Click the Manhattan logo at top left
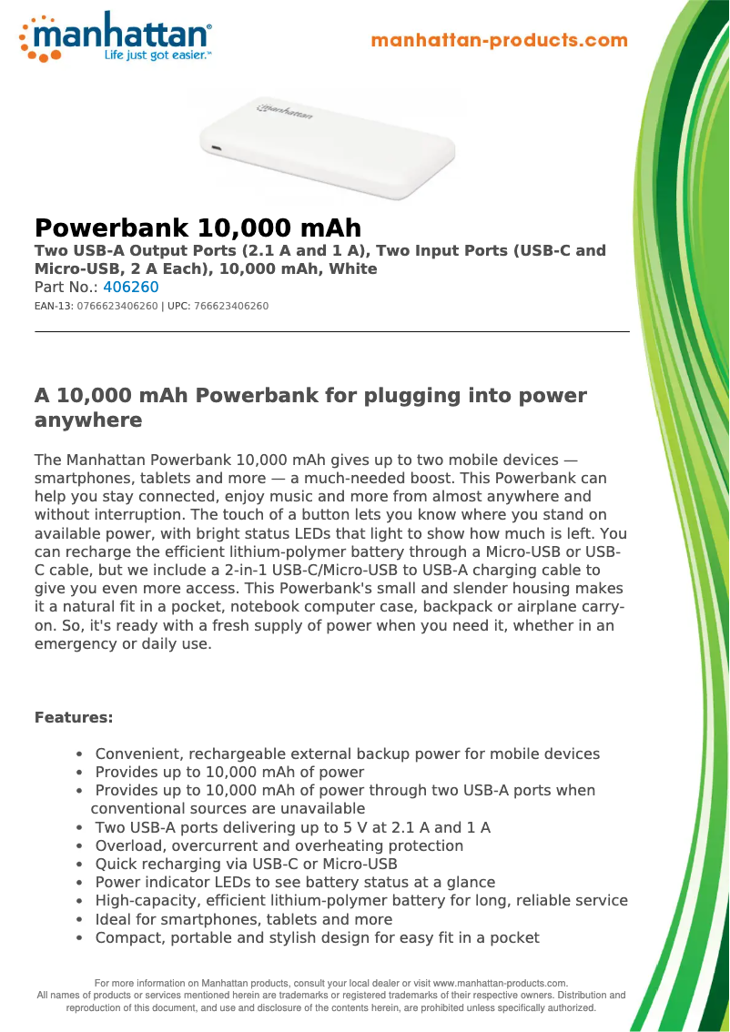(x=117, y=36)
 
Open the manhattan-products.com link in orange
(x=500, y=40)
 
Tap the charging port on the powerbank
(x=216, y=148)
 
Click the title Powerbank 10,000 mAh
(x=198, y=228)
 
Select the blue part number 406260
(x=131, y=288)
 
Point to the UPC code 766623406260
(x=231, y=307)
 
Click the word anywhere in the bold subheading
(x=88, y=420)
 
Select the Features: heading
(x=74, y=718)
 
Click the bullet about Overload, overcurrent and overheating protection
(x=279, y=846)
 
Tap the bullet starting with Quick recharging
(x=246, y=865)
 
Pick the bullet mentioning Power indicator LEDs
(x=295, y=883)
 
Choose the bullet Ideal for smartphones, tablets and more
(x=244, y=919)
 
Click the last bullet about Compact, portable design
(x=317, y=937)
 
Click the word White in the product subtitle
(x=353, y=268)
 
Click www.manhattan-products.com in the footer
(x=499, y=983)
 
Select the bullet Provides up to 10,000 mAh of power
(x=229, y=773)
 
